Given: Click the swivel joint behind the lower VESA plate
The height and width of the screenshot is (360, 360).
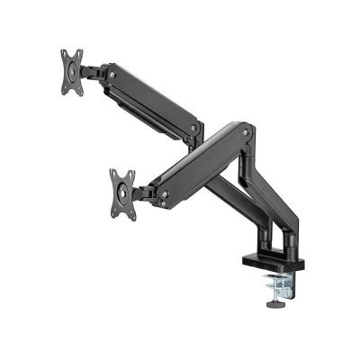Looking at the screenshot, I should point(144,191).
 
